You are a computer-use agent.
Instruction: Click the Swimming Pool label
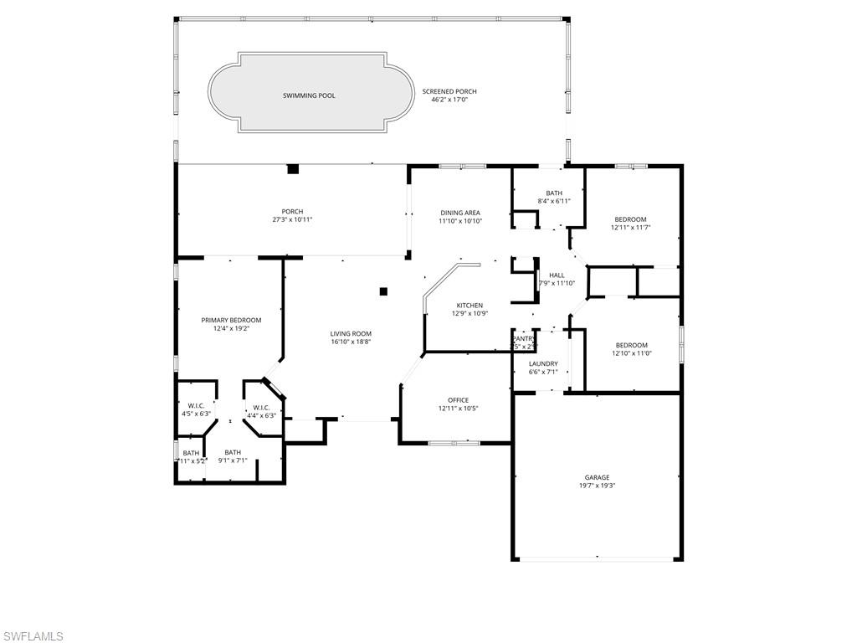click(309, 95)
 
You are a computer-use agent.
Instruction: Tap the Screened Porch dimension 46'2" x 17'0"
click(449, 100)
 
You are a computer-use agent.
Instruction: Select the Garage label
click(597, 477)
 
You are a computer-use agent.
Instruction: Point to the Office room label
click(458, 400)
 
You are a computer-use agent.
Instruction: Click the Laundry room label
click(543, 363)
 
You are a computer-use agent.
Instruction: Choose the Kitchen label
click(470, 306)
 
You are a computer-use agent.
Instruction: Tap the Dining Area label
click(460, 213)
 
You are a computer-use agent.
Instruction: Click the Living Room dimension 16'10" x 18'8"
click(351, 342)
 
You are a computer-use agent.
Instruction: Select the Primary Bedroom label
click(231, 320)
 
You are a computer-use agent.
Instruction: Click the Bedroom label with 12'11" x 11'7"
click(631, 219)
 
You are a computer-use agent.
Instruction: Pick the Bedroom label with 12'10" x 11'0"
click(631, 345)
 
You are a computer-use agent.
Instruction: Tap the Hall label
click(557, 275)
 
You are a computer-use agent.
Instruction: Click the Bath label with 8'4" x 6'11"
click(554, 193)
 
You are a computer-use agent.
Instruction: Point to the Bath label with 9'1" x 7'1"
click(232, 452)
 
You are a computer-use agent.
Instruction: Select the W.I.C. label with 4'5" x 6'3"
click(196, 406)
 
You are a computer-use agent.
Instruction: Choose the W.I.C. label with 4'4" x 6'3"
click(261, 408)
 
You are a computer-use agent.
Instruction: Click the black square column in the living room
click(383, 291)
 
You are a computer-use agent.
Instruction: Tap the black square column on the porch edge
click(293, 169)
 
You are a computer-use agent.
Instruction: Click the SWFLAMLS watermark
click(33, 636)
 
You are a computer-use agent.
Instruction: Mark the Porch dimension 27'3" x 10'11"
click(292, 219)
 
